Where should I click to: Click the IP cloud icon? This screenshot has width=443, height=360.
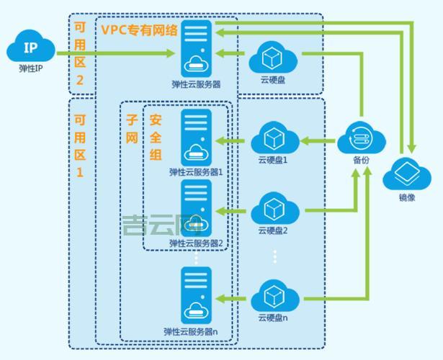tap(30, 50)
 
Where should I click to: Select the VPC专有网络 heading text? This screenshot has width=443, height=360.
tap(138, 30)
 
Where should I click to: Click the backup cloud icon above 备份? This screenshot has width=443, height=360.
tap(361, 136)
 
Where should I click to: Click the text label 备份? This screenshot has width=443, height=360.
tap(361, 160)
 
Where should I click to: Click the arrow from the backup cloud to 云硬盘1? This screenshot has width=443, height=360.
tap(316, 137)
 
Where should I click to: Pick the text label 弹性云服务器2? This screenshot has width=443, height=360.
tap(196, 243)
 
